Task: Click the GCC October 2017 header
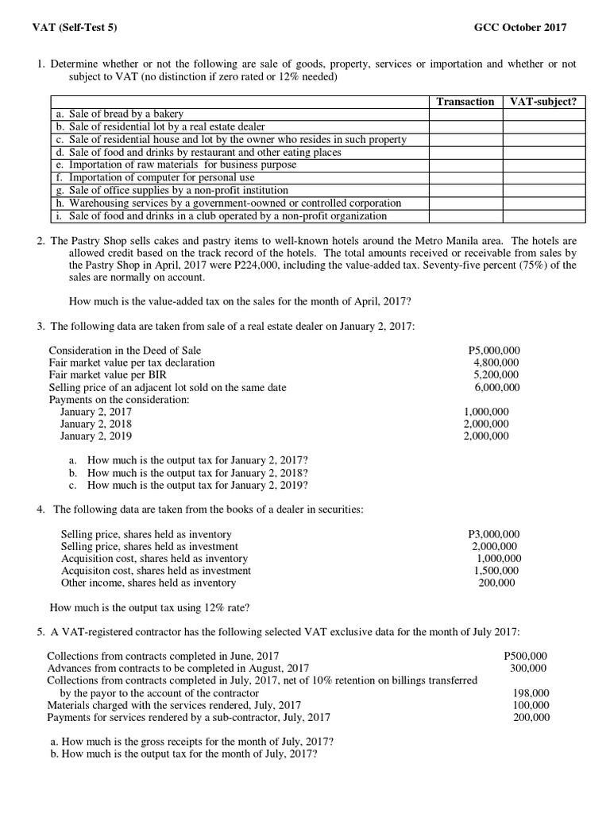(x=520, y=28)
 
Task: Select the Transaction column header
(x=465, y=102)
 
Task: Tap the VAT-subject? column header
(x=542, y=102)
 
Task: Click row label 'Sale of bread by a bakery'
(x=119, y=114)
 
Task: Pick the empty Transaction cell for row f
(x=465, y=178)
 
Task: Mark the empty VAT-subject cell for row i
(x=542, y=216)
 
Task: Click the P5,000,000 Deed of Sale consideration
(x=495, y=350)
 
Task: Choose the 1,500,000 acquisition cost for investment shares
(x=496, y=571)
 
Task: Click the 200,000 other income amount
(x=496, y=583)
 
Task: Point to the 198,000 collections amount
(x=531, y=693)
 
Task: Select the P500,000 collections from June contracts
(x=526, y=656)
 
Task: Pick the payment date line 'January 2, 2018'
(x=96, y=424)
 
